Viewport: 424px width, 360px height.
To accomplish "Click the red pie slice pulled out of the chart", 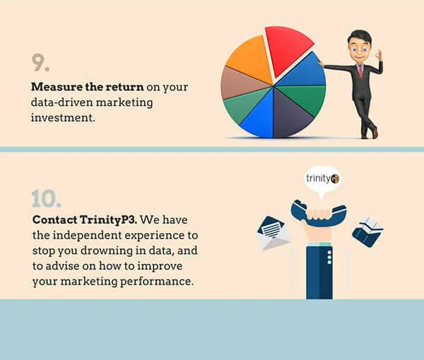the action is (x=287, y=50).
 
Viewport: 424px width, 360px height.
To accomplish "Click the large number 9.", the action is (x=40, y=62).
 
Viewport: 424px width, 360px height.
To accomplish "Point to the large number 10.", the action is (x=46, y=198).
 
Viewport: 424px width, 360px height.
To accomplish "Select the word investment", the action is (x=63, y=118).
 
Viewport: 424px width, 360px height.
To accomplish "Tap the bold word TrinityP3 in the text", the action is (x=108, y=220).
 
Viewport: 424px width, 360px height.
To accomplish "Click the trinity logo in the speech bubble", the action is (x=322, y=179).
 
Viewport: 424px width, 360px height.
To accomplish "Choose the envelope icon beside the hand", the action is (x=273, y=233).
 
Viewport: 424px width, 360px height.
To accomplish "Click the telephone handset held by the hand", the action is (x=318, y=212).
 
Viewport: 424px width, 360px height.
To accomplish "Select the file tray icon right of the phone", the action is (x=367, y=232).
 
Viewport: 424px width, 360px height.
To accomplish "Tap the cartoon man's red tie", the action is (x=360, y=71).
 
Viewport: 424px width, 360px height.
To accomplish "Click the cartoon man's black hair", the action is (x=360, y=37).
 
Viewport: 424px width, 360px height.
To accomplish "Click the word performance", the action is (x=157, y=282).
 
